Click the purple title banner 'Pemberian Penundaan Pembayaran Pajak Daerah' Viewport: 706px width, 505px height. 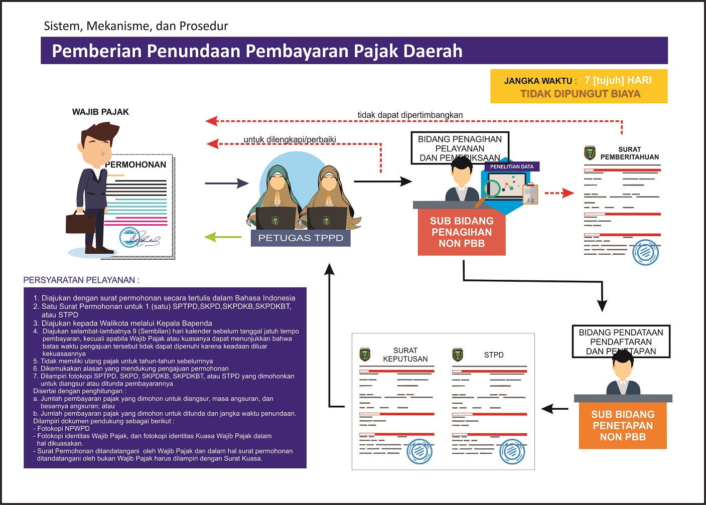354,51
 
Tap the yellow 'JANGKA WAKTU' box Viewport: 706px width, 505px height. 579,86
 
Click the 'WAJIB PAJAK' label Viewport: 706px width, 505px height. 100,112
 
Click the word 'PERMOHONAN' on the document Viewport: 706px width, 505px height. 135,164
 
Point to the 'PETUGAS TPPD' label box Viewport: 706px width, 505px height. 301,238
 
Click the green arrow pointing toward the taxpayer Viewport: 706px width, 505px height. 223,237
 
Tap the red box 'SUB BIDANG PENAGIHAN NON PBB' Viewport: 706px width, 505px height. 462,232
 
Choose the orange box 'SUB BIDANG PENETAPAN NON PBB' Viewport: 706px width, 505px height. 623,426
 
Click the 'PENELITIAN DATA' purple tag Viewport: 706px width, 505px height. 512,166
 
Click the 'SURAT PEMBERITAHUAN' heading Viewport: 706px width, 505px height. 629,153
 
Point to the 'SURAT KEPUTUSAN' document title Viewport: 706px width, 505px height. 405,355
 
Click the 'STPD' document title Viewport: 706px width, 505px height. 494,355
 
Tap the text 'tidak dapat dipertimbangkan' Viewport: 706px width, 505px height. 410,115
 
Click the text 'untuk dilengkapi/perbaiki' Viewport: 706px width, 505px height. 290,139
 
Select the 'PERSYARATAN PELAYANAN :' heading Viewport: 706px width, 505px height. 81,280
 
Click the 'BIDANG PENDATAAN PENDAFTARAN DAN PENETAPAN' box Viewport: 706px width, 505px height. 621,341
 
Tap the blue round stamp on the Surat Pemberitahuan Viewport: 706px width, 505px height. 645,252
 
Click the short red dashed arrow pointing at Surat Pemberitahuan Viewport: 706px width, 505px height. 559,193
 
